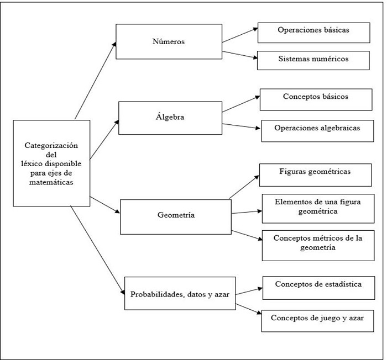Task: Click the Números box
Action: [x=169, y=41]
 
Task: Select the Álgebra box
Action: [x=170, y=118]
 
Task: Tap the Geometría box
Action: [x=175, y=215]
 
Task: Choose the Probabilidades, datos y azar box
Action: [x=180, y=294]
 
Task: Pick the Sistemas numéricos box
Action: [x=313, y=60]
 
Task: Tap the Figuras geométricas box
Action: [x=315, y=173]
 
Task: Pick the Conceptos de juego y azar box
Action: [x=318, y=319]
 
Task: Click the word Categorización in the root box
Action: [x=51, y=146]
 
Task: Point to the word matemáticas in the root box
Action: [x=51, y=183]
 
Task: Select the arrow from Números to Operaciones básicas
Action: [x=240, y=34]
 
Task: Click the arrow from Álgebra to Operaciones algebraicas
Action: [x=242, y=126]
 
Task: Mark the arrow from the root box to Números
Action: [x=96, y=80]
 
